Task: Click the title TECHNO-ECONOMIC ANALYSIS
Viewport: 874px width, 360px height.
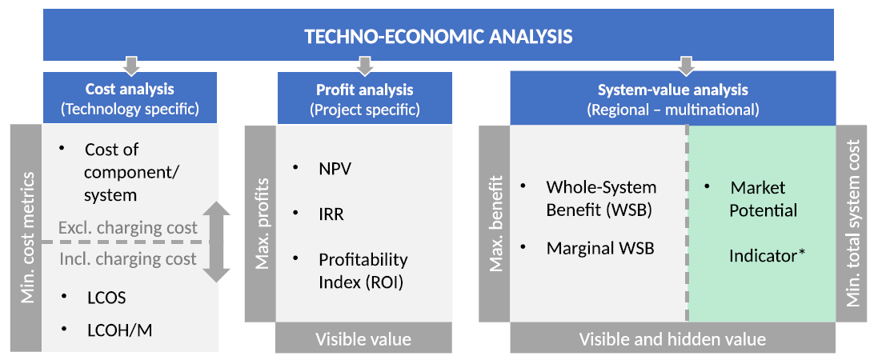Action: tap(438, 37)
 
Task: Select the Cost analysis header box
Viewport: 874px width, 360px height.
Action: tap(130, 98)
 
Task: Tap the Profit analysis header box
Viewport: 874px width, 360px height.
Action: tap(364, 98)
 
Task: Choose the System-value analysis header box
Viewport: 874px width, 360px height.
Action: tap(673, 98)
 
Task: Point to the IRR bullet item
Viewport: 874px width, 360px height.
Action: tap(331, 214)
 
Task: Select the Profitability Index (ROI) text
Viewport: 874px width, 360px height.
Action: tap(363, 271)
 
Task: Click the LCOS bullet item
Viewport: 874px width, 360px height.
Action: tap(106, 298)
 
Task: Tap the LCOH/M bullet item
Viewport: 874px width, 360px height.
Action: tap(119, 330)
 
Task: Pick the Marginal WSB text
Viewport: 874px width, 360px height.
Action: tap(600, 248)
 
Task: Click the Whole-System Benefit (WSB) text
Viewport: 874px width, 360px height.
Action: tap(601, 198)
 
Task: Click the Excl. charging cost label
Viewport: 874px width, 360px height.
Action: tap(127, 227)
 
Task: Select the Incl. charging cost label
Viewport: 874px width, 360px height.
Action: tap(127, 258)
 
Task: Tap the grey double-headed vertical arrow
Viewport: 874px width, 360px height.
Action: tap(216, 242)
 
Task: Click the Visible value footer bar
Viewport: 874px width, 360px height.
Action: tap(363, 339)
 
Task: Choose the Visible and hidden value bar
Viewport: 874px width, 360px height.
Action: tap(673, 339)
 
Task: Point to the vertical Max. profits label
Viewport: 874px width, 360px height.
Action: tap(261, 224)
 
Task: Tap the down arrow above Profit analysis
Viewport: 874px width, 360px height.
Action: tap(364, 66)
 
